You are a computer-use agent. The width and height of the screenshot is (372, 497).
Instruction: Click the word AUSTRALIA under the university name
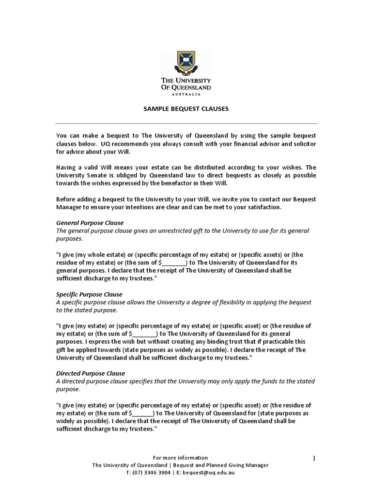(x=186, y=94)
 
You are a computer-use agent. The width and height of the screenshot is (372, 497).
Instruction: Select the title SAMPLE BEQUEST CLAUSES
(x=186, y=109)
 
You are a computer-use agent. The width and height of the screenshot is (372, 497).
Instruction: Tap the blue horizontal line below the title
(x=186, y=123)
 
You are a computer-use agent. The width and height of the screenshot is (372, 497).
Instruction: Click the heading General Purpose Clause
(x=90, y=223)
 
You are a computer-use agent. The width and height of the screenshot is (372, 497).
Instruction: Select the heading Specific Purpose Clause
(x=90, y=294)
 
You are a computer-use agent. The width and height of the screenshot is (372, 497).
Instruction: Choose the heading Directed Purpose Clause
(x=91, y=373)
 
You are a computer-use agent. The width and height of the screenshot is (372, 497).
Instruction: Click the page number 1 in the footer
(x=314, y=458)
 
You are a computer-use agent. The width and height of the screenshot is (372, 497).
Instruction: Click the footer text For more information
(x=180, y=458)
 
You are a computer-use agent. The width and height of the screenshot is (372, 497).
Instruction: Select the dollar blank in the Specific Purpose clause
(x=143, y=334)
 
